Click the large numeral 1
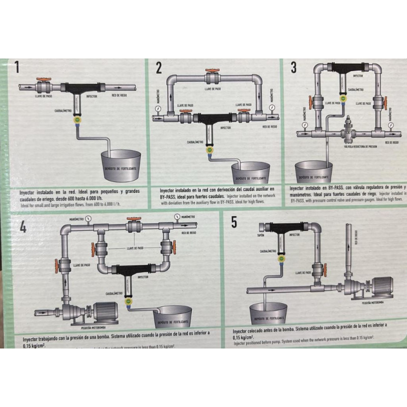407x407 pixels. point(19,68)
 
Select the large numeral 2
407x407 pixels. point(159,68)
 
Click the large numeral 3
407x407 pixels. point(294,67)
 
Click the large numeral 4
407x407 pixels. point(23,227)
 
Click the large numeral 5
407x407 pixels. point(234,222)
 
